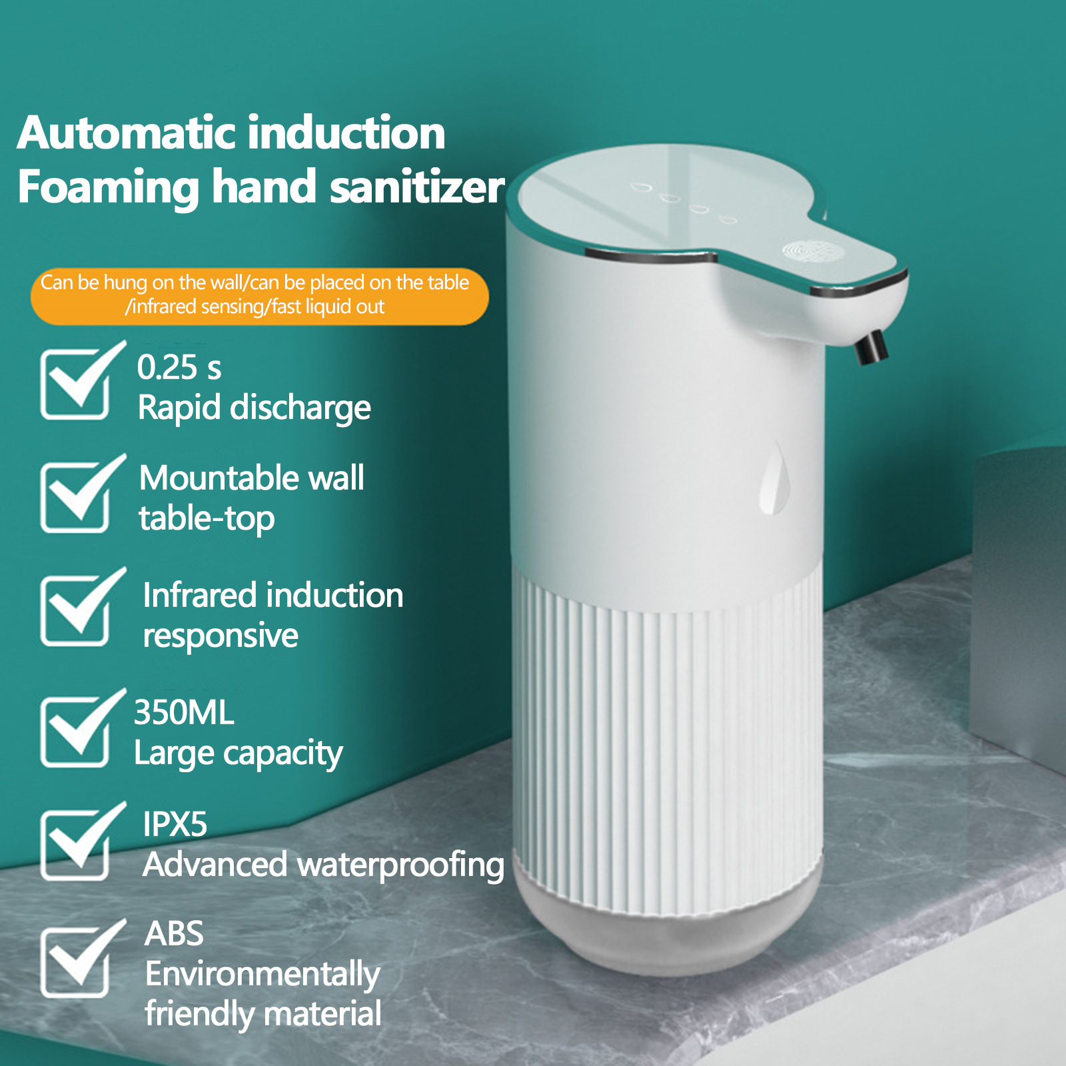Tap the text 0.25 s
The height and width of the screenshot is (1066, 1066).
179,367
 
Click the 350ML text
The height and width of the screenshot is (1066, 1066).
184,712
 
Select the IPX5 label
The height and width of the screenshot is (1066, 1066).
175,824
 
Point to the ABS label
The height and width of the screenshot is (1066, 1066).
174,933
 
